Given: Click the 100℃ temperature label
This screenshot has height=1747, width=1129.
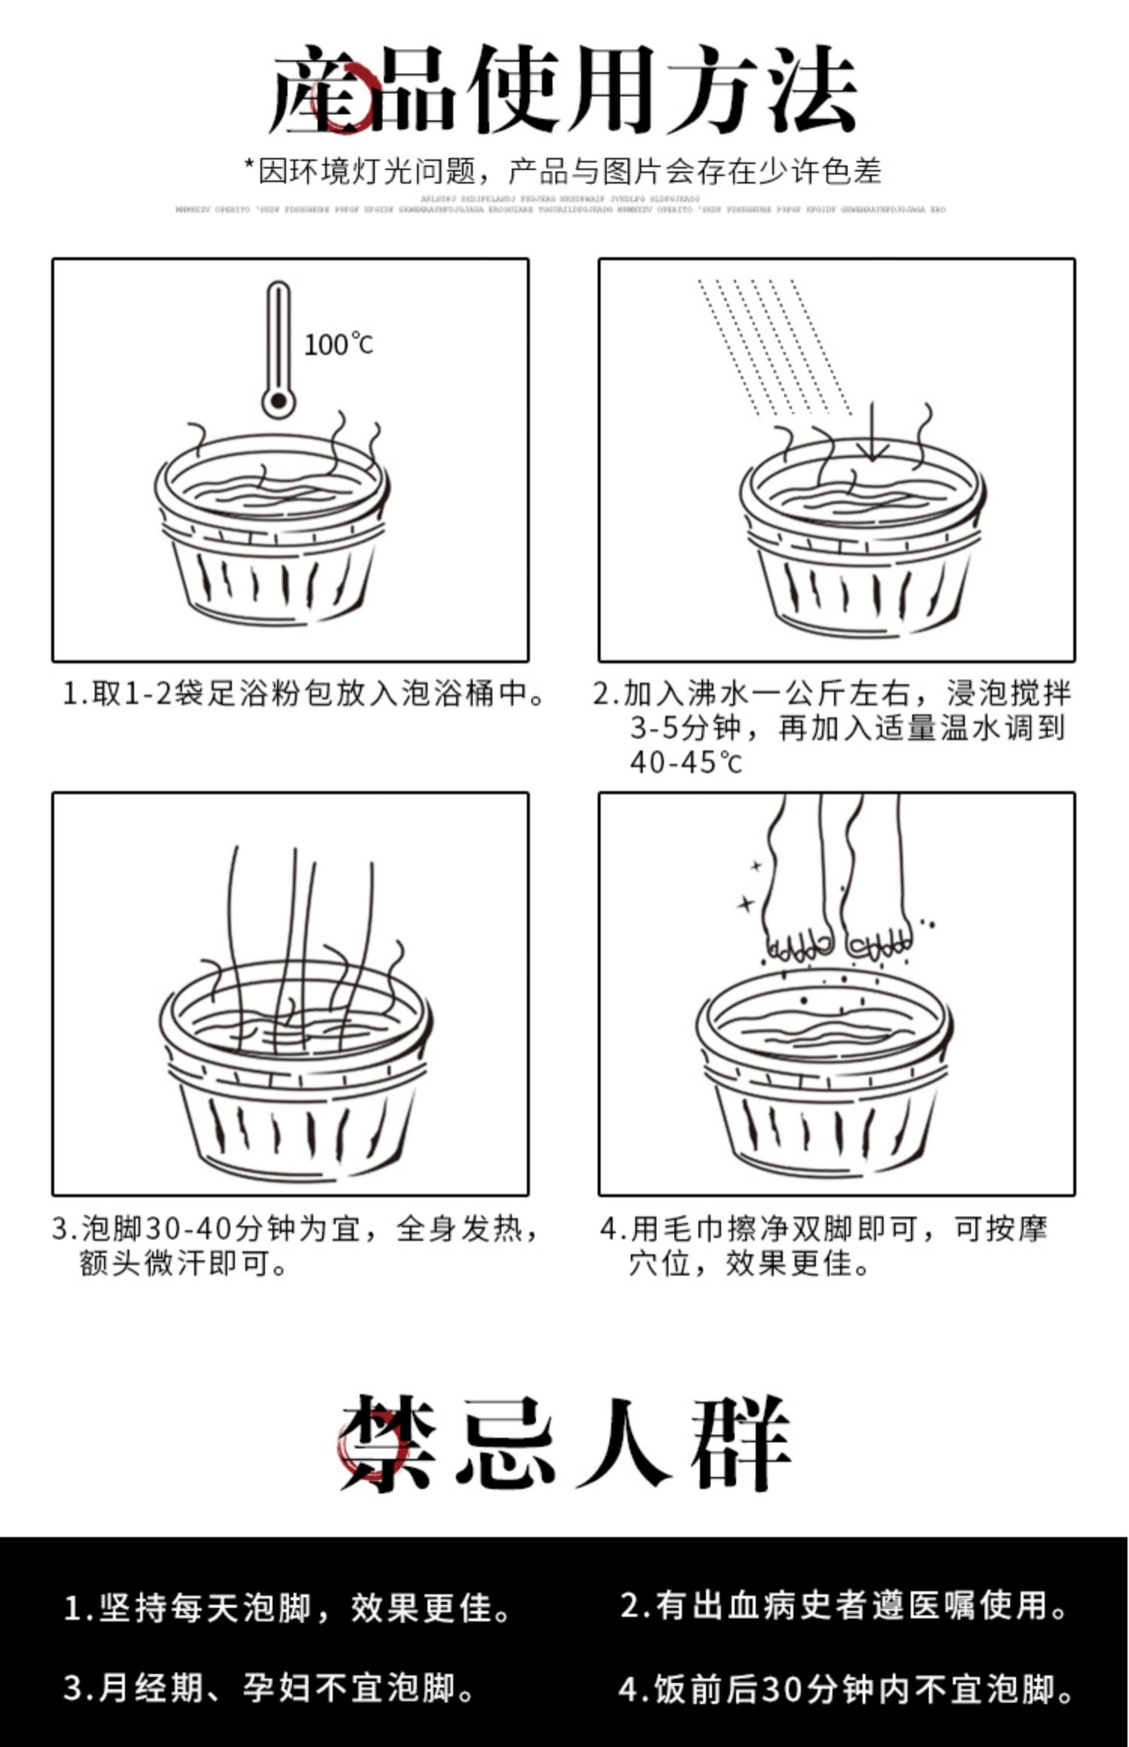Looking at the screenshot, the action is click(x=338, y=345).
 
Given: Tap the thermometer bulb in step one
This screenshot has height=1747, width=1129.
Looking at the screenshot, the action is click(x=278, y=400).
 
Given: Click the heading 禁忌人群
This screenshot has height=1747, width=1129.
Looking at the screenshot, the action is click(x=564, y=1445).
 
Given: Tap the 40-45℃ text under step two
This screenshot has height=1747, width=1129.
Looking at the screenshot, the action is click(x=686, y=762).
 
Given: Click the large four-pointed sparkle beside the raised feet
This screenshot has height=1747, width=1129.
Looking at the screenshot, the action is click(x=746, y=903).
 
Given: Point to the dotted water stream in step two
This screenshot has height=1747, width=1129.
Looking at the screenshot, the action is click(x=775, y=346).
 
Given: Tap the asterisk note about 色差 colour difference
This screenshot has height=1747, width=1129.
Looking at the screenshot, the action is click(x=563, y=172).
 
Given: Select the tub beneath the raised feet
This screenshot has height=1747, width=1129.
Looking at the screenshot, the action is click(x=824, y=1076).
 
